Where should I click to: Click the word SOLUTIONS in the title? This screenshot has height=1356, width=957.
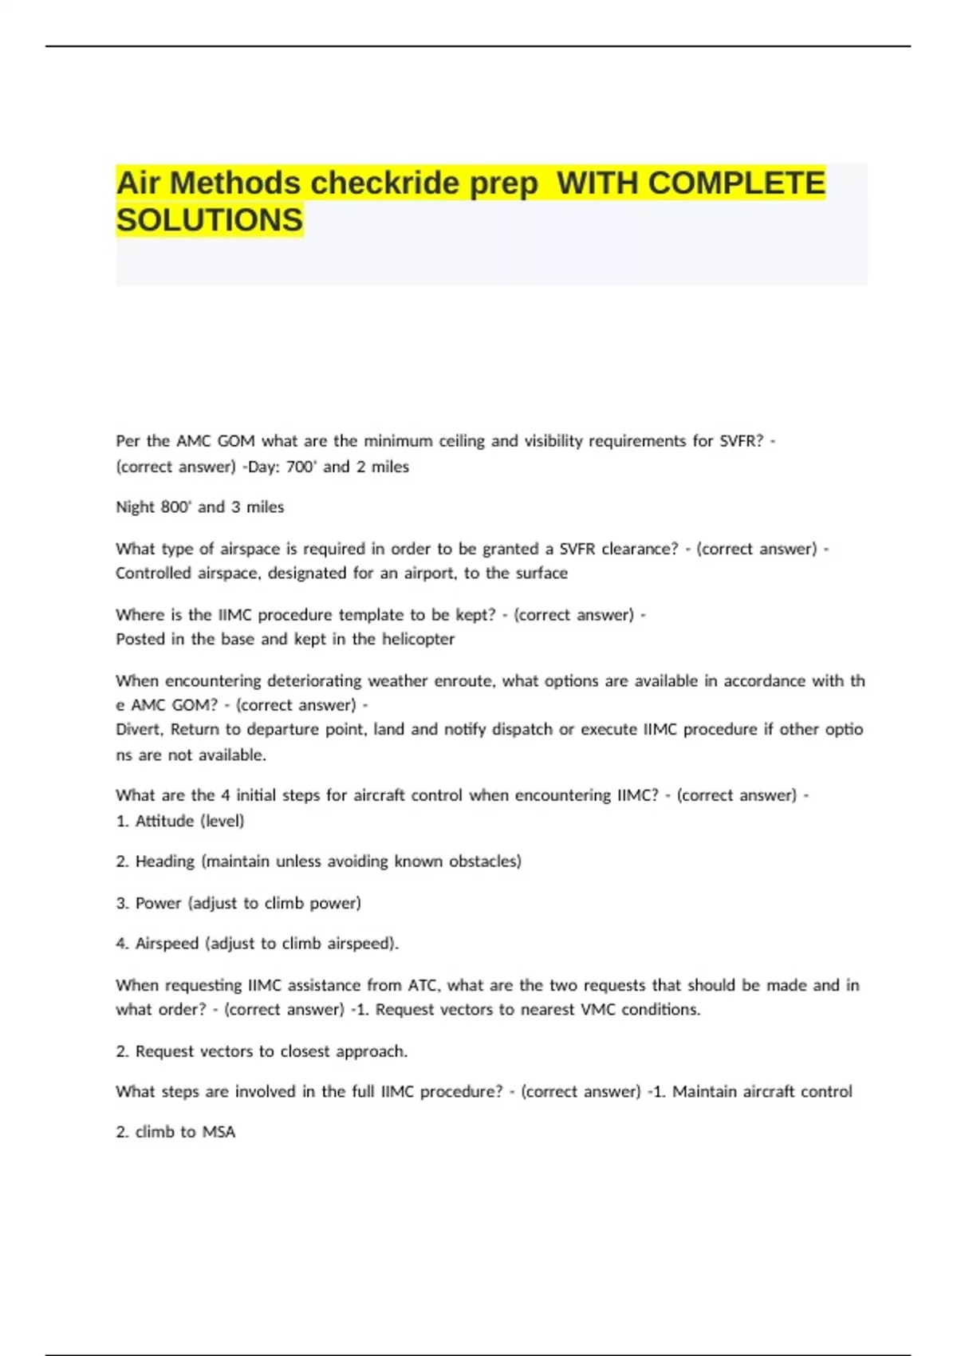point(209,220)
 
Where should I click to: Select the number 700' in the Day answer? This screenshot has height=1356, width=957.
point(301,467)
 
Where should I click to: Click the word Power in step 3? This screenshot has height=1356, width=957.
point(158,903)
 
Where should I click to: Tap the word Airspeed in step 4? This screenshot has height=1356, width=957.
point(167,944)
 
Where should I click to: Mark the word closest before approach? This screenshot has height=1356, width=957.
point(293,1051)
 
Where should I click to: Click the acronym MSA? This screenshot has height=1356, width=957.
point(219,1132)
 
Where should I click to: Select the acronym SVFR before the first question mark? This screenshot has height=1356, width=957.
point(741,441)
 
